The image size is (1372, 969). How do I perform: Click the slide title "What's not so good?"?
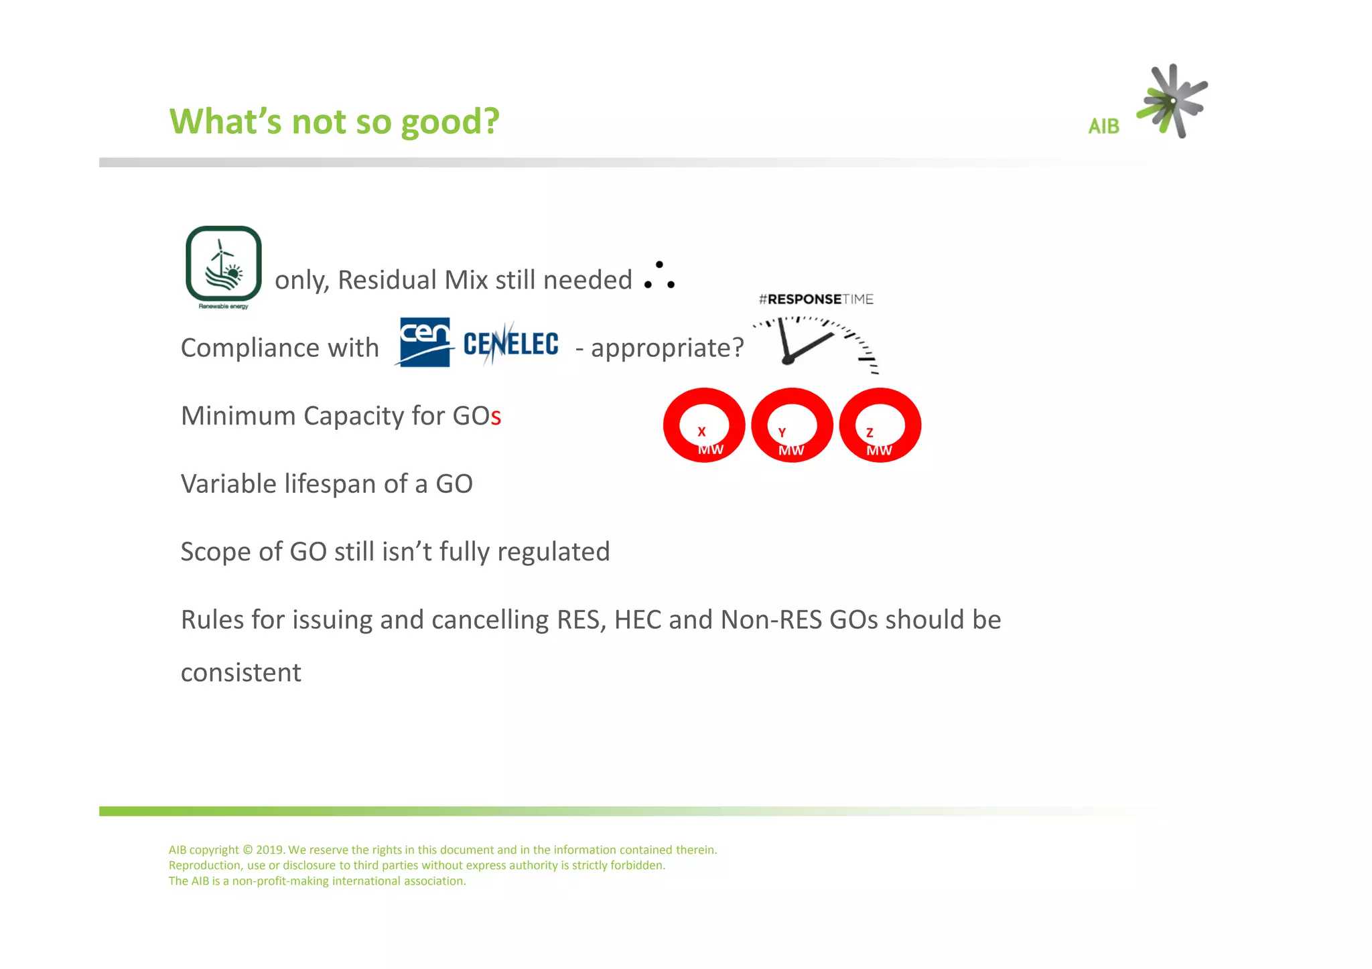click(334, 122)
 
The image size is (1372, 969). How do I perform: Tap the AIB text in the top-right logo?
click(1103, 127)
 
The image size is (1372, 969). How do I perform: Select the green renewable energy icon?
click(224, 265)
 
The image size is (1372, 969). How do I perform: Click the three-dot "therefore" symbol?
click(659, 275)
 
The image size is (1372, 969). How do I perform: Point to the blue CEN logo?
click(425, 342)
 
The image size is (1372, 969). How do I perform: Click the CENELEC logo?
click(510, 344)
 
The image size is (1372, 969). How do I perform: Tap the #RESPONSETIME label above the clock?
click(816, 299)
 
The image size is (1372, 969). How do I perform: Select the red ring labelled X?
click(704, 425)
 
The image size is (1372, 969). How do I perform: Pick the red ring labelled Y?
click(792, 425)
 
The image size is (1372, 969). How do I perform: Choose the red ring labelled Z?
click(880, 425)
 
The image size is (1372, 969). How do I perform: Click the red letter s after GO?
click(496, 418)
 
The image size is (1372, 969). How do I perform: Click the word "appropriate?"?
click(667, 348)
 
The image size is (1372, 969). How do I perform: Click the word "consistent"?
click(241, 673)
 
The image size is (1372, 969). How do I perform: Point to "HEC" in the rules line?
click(637, 620)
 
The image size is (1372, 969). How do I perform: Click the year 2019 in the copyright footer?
click(270, 850)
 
